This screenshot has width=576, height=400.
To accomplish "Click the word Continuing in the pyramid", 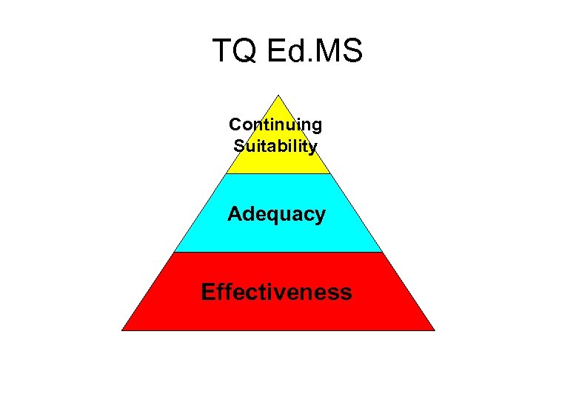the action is point(275,124).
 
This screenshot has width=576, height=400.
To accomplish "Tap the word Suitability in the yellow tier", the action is point(275,146).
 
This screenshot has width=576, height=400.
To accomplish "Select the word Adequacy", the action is point(276,215).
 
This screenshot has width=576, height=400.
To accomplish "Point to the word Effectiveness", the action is point(276,292).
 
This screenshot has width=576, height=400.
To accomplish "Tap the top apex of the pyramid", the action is point(278,96).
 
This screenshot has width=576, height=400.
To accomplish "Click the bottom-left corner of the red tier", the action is point(122,330).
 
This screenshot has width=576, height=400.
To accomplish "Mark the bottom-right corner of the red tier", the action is point(434,330).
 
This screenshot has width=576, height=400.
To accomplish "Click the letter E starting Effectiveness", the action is point(207,292).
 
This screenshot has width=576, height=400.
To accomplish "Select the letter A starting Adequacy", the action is point(235,214).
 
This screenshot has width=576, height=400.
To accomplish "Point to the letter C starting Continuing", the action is point(235,124).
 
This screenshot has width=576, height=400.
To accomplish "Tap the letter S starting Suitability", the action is point(238,146).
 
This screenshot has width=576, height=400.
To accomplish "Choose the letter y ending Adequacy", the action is point(320,216).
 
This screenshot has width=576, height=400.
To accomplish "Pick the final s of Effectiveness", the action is point(346,293).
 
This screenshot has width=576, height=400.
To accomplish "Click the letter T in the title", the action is point(221,52).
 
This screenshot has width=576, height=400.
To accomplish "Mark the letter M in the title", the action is point(331,52).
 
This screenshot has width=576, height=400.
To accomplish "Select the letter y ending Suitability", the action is point(313,147).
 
